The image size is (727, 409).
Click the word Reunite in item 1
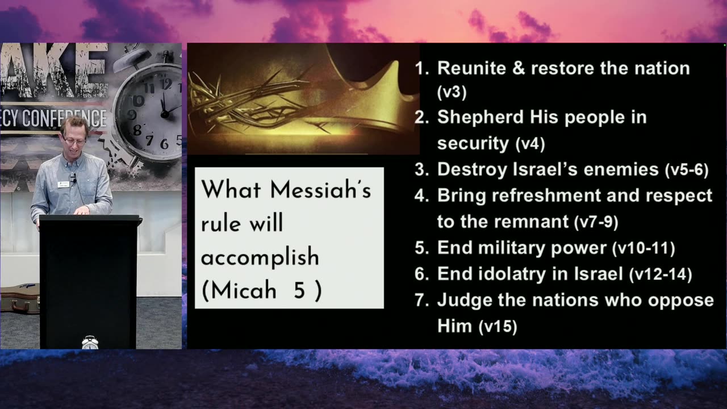(471, 68)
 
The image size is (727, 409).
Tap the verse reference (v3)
(452, 92)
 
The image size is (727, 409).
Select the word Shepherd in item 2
(481, 117)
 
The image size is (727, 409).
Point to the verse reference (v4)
(530, 144)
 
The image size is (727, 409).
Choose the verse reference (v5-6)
(687, 170)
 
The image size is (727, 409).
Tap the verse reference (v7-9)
(596, 222)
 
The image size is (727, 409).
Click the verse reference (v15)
(498, 327)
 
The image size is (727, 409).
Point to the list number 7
(422, 301)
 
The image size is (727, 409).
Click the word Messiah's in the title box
(320, 189)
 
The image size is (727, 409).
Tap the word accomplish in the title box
(260, 257)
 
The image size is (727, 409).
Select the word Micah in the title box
(243, 290)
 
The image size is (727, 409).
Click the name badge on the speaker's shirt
(63, 185)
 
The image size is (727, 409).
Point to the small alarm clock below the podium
(90, 343)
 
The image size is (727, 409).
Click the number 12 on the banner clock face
(166, 84)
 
